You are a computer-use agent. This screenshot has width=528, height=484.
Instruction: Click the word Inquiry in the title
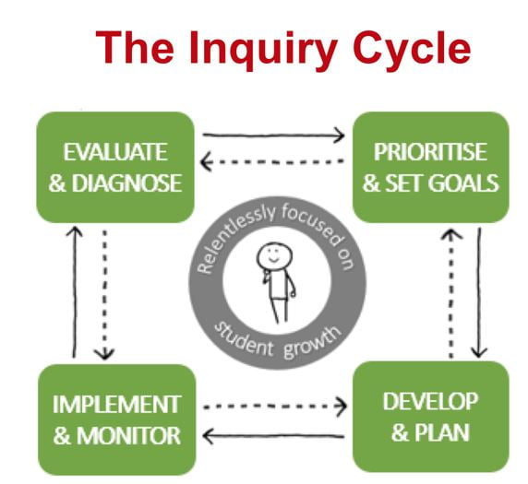263,50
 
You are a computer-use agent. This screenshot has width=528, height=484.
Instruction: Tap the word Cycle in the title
412,47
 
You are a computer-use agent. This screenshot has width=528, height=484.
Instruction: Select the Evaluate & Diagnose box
115,167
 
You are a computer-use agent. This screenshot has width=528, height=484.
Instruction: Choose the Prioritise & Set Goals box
431,167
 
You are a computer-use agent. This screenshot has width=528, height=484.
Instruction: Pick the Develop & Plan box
431,417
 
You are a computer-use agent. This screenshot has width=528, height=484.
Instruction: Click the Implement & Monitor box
117,419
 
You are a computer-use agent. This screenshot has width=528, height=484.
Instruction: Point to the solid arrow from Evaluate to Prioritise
273,136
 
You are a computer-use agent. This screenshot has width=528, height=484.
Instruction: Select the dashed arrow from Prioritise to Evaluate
272,161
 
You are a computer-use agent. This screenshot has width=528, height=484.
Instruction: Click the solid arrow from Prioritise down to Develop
479,292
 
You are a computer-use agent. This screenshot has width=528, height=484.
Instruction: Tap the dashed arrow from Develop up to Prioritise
451,293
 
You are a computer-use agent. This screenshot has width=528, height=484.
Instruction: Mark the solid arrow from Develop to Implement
273,436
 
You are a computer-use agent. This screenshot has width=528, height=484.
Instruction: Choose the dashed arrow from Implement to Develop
275,407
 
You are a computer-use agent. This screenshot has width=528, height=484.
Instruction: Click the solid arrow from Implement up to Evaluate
74,292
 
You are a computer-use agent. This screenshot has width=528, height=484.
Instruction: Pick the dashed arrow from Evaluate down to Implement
104,295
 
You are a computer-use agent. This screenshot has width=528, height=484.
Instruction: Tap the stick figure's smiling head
274,255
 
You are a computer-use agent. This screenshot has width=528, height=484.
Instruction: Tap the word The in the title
135,47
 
